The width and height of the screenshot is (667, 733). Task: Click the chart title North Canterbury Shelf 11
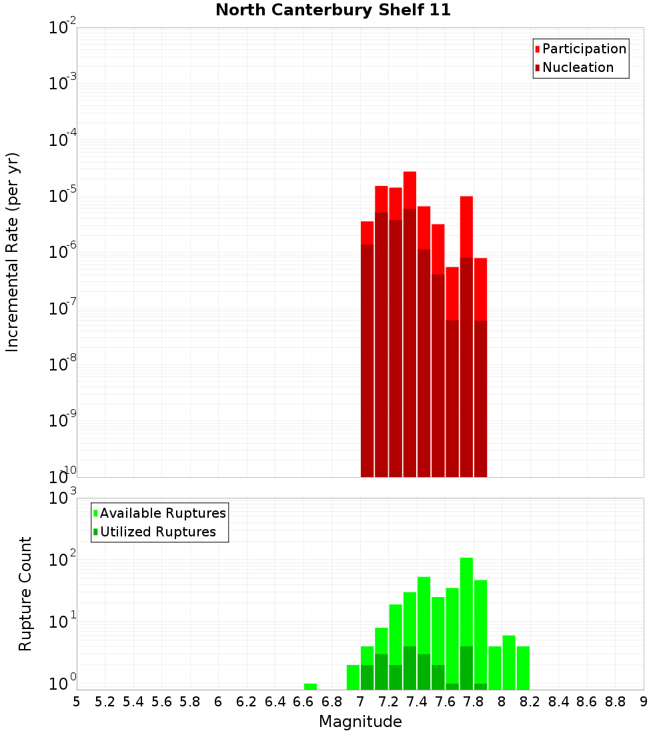(x=333, y=10)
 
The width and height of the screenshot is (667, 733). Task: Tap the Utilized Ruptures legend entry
(x=157, y=532)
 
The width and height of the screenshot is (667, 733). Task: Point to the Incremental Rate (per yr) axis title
(x=13, y=252)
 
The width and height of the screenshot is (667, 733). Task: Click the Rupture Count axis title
(x=25, y=594)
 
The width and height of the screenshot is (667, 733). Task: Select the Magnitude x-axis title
(x=360, y=722)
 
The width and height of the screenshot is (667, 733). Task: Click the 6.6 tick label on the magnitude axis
(x=303, y=702)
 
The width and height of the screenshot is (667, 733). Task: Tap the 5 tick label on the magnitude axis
(x=76, y=702)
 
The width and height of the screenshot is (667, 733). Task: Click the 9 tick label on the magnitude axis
(x=644, y=702)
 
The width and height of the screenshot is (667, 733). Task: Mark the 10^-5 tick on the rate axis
(x=63, y=196)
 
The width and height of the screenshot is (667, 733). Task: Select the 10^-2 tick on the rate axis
(x=63, y=28)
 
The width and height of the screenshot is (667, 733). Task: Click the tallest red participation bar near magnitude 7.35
(x=410, y=190)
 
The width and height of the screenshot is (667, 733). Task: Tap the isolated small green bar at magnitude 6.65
(x=310, y=686)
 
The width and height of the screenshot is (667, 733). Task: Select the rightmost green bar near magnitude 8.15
(x=523, y=666)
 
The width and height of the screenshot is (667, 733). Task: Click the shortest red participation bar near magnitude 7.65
(x=452, y=293)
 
